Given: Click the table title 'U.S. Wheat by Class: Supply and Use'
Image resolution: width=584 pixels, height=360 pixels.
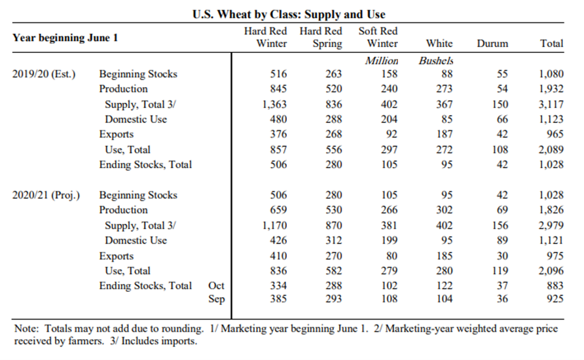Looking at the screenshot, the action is pos(289,14).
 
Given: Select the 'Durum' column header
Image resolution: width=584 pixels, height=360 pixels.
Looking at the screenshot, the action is pos(492,44).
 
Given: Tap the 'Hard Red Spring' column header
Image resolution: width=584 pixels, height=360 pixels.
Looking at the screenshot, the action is pos(321,37).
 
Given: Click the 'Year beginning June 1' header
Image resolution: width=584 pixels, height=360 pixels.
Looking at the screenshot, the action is pos(65,38).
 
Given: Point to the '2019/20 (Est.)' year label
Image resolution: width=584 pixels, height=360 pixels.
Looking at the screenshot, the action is pos(44,74).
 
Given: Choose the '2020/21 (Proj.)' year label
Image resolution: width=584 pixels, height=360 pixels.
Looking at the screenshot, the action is pos(46,195).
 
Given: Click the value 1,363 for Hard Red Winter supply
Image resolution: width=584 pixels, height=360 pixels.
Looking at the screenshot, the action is pos(274,104).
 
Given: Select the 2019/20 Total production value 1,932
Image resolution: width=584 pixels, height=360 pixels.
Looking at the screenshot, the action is pos(551,89).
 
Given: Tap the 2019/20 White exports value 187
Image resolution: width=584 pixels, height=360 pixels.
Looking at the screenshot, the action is pos(445,134).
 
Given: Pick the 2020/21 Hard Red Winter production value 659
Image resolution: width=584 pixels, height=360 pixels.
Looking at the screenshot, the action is pos(279,210).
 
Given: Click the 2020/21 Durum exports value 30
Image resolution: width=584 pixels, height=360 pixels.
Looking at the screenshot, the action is pos(502,256).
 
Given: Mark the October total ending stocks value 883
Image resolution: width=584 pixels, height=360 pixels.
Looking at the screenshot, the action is pos(555,285).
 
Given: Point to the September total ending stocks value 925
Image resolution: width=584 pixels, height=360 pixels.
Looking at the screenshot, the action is pos(555,298).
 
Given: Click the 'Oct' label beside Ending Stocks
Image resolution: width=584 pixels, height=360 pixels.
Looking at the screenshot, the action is pos(217,285).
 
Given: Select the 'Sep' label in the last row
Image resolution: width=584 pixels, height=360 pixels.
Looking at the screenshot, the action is pos(217,299).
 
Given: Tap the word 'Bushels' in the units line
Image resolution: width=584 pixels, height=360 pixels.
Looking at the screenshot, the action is pos(436,61).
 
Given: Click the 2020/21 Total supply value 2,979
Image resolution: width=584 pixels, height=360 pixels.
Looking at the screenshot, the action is pos(551,225).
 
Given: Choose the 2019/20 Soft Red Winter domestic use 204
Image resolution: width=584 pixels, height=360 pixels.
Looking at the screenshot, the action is pos(389,119).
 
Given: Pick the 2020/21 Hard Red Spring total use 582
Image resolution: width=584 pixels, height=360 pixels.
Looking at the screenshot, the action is pos(334,270).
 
